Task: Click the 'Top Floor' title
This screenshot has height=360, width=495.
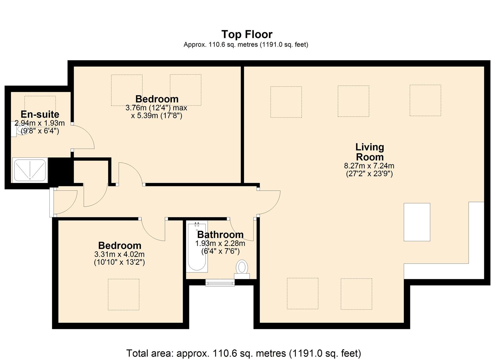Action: click(247, 34)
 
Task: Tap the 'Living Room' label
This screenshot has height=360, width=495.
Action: click(369, 152)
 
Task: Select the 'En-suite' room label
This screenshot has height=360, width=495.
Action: click(40, 114)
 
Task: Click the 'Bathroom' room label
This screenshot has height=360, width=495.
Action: click(220, 235)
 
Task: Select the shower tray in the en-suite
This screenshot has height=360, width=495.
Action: click(30, 170)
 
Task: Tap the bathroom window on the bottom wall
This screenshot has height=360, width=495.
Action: click(220, 283)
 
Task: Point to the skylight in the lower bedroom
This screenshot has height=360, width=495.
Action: click(123, 294)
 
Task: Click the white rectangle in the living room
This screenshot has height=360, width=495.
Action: click(417, 222)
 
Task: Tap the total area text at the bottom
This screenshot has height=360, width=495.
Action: click(243, 353)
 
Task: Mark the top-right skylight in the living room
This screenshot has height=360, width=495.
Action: click(425, 100)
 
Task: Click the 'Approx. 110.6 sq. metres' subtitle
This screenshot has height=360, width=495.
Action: click(246, 45)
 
